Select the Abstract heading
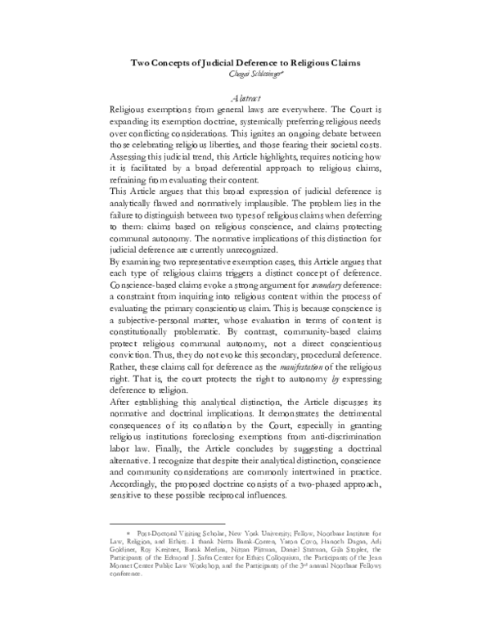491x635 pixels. [245, 97]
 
